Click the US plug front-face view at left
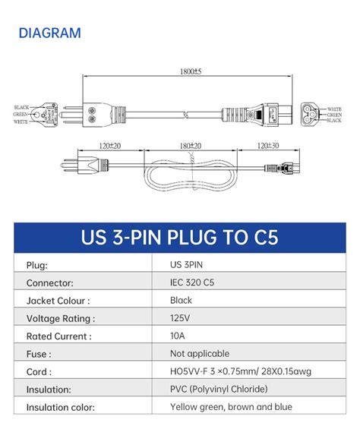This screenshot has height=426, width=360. click(43, 114)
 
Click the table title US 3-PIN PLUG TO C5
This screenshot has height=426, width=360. click(179, 237)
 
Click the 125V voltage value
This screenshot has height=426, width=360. click(182, 318)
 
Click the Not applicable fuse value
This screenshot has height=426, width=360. click(199, 354)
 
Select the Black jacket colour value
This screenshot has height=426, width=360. click(182, 301)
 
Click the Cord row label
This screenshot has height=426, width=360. click(39, 372)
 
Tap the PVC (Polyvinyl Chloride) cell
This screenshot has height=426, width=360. click(219, 390)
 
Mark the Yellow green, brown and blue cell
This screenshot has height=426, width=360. click(231, 407)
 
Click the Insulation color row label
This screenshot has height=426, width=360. click(61, 408)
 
